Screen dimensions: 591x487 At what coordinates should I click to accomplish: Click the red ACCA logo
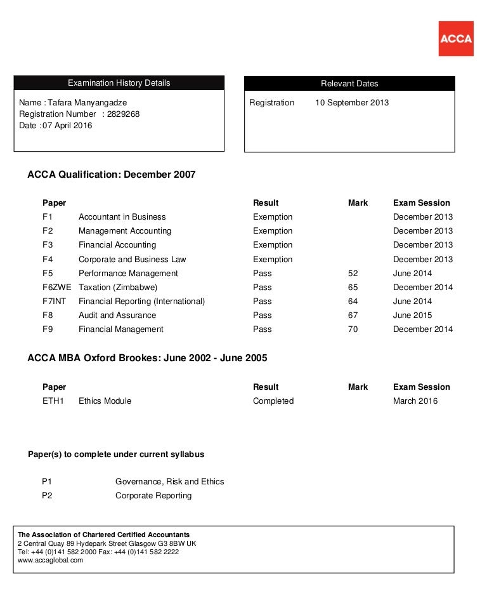455,39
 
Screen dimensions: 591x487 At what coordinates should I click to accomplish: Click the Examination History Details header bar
119,83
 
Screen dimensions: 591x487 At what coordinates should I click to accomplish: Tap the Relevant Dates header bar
349,84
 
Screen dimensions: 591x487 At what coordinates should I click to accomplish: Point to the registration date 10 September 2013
352,103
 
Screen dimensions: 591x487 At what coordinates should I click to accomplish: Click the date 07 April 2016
68,126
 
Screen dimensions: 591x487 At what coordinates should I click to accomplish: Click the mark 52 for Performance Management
353,274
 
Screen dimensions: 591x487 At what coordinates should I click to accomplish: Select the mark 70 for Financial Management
353,329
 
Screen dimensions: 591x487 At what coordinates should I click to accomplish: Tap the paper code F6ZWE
57,288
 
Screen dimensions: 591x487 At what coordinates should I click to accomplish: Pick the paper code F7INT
55,302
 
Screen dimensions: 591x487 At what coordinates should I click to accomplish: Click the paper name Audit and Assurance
117,315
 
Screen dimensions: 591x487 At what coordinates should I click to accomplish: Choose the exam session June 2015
413,315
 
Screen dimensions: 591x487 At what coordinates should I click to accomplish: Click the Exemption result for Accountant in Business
273,217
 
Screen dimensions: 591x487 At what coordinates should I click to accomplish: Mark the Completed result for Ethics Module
273,401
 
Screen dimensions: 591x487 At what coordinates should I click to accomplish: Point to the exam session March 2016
415,401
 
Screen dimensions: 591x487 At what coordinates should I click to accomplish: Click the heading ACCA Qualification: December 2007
112,175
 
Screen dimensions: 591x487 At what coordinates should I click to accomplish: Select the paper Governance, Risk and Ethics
170,482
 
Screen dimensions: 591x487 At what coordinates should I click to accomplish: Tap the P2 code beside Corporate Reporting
47,496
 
